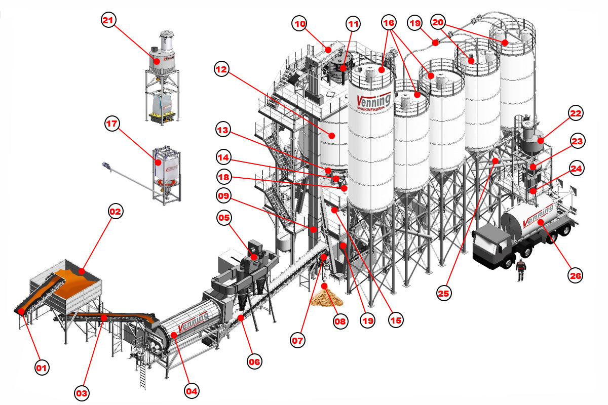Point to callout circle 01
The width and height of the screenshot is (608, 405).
(43, 368)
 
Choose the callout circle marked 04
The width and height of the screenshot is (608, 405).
(192, 390)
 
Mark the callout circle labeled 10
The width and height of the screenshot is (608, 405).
(300, 23)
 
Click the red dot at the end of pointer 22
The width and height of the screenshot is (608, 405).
(540, 140)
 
